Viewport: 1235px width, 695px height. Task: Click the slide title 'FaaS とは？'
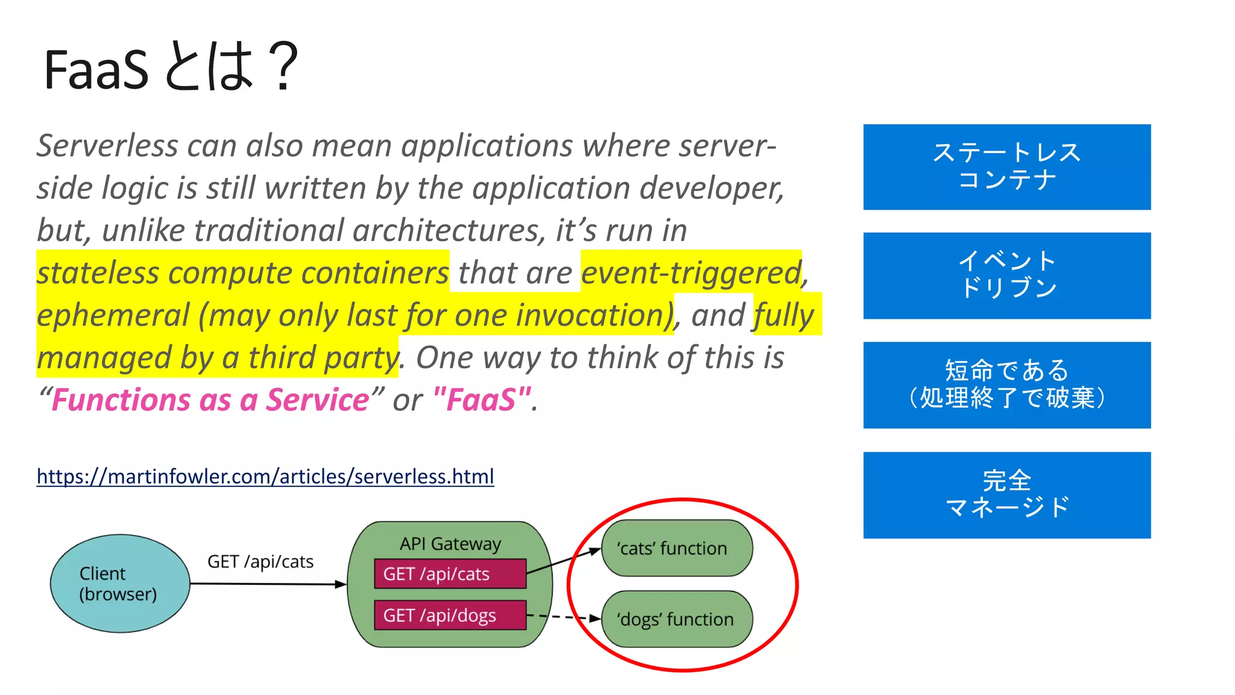click(171, 68)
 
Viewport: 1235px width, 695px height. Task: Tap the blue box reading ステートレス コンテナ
click(1006, 167)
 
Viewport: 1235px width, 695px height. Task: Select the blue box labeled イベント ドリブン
click(1006, 275)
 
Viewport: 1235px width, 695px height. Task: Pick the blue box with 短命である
click(1006, 385)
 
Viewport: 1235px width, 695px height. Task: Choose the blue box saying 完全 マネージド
click(1006, 495)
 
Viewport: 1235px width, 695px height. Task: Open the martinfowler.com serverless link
click(265, 476)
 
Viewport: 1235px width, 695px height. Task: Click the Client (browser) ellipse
click(119, 583)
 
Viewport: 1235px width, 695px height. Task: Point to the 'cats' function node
click(677, 548)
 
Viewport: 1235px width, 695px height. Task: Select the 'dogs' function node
click(677, 619)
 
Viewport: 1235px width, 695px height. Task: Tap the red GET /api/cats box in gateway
click(450, 574)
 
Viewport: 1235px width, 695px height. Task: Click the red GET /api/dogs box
click(450, 615)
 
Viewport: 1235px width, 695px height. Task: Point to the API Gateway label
click(450, 544)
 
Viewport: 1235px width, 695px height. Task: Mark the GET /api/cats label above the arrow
click(261, 562)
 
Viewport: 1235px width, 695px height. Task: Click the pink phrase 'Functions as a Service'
click(210, 400)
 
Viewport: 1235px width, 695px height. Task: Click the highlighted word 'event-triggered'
click(691, 273)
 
